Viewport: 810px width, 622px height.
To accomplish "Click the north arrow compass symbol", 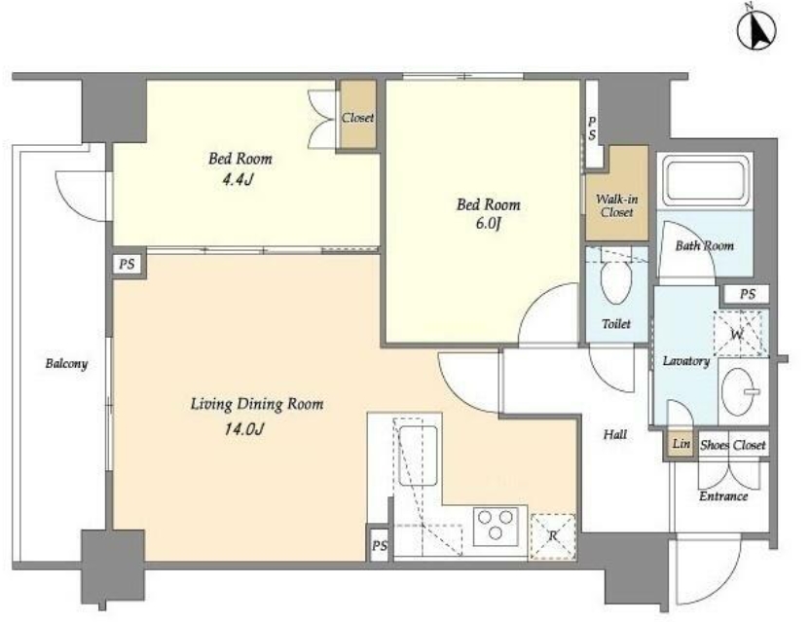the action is [756, 32].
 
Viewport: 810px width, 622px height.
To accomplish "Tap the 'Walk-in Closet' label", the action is [617, 205].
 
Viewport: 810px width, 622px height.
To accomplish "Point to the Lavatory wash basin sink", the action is [741, 391].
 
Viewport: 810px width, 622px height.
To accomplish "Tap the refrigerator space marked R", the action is [553, 536].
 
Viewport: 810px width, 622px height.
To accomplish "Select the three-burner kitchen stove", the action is [496, 525].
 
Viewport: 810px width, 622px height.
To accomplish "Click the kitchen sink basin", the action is [419, 456].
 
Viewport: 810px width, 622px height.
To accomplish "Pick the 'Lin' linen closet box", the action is [681, 443].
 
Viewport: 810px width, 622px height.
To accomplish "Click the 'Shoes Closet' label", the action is [732, 445].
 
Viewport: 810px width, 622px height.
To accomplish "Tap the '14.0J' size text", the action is [244, 429].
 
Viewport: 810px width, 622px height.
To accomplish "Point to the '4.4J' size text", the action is [238, 180].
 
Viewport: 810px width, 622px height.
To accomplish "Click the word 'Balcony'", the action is [66, 364].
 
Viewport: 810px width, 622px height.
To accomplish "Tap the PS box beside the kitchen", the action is [379, 545].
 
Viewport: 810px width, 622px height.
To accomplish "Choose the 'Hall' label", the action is [615, 434].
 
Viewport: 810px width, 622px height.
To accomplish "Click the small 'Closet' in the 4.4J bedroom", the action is [357, 118].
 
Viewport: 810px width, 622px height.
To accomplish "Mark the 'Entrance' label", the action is [723, 496].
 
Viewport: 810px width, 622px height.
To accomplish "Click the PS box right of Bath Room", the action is [747, 294].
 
